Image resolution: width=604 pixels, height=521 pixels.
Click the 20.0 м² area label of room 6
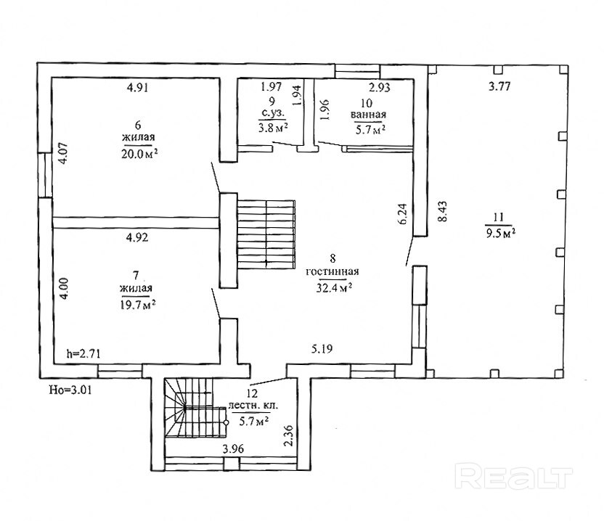pyautogui.click(x=139, y=154)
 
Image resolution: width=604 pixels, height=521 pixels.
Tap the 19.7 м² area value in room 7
pyautogui.click(x=138, y=305)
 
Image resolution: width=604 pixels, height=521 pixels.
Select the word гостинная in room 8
pyautogui.click(x=332, y=272)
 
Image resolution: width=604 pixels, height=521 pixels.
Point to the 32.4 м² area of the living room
pyautogui.click(x=335, y=287)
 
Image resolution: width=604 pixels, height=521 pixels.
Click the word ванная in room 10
pyautogui.click(x=368, y=115)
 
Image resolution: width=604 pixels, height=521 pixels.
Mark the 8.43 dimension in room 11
pyautogui.click(x=443, y=211)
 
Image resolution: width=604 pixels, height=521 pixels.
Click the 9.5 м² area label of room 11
pyautogui.click(x=501, y=234)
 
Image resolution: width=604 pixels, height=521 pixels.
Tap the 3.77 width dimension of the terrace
pyautogui.click(x=499, y=86)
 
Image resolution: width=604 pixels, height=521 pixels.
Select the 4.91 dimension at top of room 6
pyautogui.click(x=137, y=87)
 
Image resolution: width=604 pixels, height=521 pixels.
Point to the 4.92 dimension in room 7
pyautogui.click(x=137, y=237)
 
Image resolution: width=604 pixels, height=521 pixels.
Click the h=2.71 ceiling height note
pyautogui.click(x=83, y=353)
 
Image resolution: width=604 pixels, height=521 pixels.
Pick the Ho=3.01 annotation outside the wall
pyautogui.click(x=70, y=390)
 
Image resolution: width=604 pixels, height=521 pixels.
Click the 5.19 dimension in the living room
pyautogui.click(x=322, y=349)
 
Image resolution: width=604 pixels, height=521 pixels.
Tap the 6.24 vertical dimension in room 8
pyautogui.click(x=402, y=214)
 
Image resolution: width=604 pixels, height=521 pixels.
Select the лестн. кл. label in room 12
pyautogui.click(x=253, y=406)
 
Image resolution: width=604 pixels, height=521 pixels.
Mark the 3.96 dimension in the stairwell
pyautogui.click(x=233, y=449)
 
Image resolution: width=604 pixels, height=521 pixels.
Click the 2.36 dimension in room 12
pyautogui.click(x=288, y=435)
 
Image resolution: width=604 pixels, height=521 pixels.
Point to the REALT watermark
pyautogui.click(x=514, y=477)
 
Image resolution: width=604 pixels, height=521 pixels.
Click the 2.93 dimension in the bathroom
pyautogui.click(x=380, y=88)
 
